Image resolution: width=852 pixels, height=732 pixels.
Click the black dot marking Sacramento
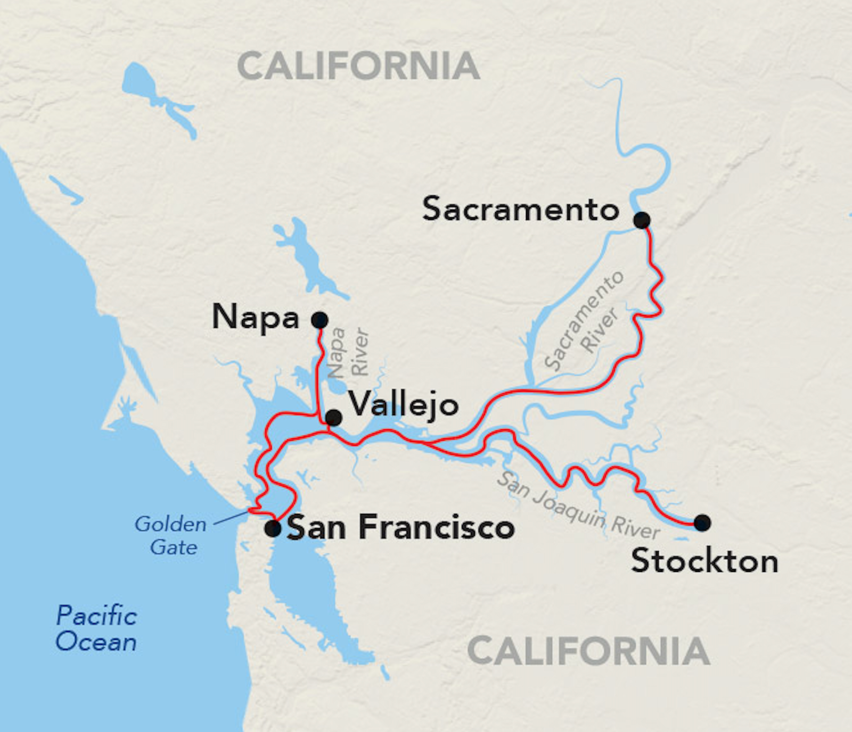coord(642,220)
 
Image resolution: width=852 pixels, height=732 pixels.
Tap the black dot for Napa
coord(319,320)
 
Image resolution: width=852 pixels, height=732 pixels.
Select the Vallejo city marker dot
coord(333,418)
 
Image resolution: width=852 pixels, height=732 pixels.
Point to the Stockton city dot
coord(702,523)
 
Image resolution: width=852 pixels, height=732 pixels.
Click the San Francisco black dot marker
coord(273,528)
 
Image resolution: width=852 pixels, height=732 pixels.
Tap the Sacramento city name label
coord(520,209)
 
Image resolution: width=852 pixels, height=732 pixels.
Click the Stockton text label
coord(704,561)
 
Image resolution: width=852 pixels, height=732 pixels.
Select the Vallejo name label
coord(403,405)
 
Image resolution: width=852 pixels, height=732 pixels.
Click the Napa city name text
coord(256,318)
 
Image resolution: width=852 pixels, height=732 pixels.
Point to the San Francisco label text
coord(400,528)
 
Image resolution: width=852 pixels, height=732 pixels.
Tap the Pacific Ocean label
coord(96,628)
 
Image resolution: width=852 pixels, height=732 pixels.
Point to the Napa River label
coord(348,352)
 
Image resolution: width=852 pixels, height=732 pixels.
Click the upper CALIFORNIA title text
coord(358,66)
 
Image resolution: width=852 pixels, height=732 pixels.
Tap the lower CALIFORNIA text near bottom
coord(588,651)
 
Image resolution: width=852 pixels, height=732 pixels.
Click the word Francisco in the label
coord(436,528)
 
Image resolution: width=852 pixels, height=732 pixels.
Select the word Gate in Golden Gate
coord(174,547)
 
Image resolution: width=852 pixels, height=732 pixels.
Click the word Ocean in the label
coord(96,642)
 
